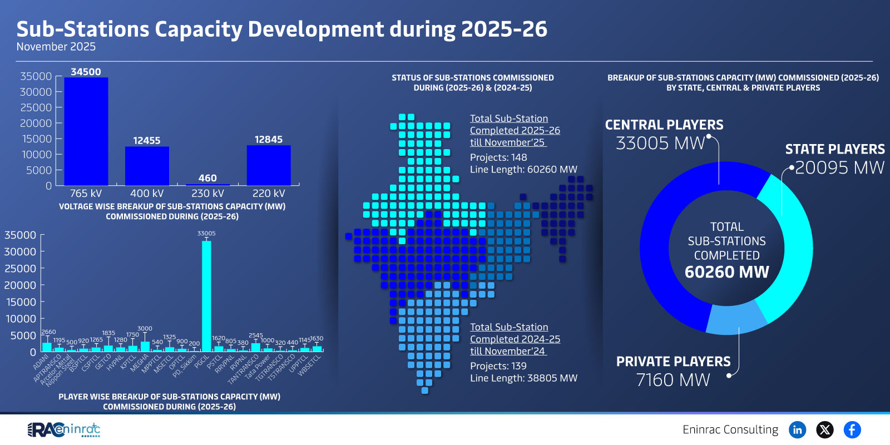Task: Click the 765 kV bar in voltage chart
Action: tap(86, 131)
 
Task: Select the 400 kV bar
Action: tap(147, 166)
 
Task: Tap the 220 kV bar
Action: tap(269, 165)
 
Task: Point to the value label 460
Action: tap(207, 178)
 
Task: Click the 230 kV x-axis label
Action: tap(207, 194)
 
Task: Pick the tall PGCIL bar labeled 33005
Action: tap(206, 295)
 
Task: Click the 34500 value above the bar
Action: tap(86, 72)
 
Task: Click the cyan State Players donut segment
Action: tap(790, 250)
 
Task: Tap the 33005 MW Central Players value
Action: tap(660, 144)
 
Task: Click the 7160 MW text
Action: tap(673, 380)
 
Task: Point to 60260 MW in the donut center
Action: tap(726, 272)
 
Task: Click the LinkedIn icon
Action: tap(797, 429)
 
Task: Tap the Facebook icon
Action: tap(852, 429)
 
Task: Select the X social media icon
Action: tap(824, 429)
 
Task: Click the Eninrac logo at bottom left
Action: tap(64, 429)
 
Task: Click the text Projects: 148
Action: tap(498, 157)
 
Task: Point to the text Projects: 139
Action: tap(498, 366)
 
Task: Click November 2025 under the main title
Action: tap(56, 47)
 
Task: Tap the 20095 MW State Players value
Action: tap(839, 167)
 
